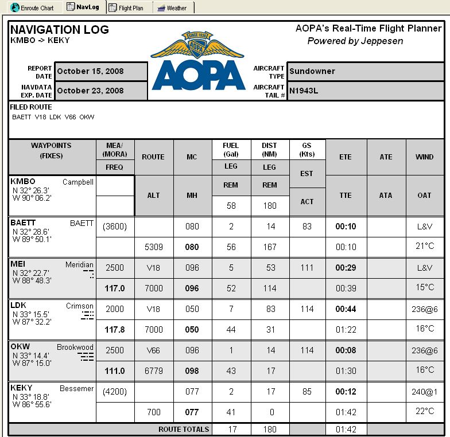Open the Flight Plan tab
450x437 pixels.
(129, 8)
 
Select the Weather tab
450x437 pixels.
(173, 8)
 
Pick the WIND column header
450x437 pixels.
(424, 157)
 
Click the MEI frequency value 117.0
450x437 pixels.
(115, 288)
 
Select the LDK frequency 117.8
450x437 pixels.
(115, 330)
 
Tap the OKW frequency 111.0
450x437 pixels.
(115, 371)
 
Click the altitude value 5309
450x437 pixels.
(154, 247)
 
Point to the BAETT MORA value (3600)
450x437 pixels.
(115, 227)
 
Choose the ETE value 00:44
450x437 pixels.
(346, 309)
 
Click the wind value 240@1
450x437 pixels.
(424, 392)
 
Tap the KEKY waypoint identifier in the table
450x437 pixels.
(22, 388)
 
